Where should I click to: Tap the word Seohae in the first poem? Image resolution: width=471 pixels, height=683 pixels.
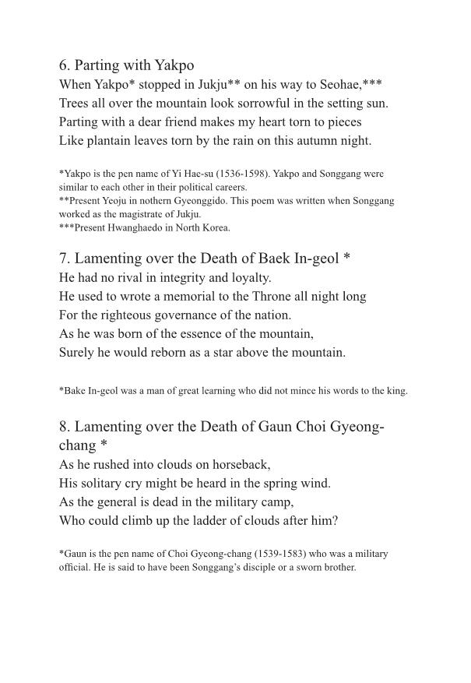350,84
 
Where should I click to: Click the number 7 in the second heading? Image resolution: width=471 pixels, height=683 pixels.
63,259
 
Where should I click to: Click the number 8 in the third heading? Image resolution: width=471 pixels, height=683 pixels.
63,427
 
